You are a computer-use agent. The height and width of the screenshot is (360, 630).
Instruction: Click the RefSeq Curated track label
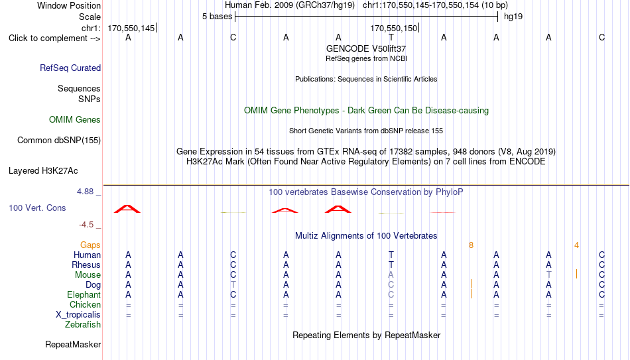point(70,68)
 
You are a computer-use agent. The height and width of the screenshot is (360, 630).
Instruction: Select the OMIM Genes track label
point(75,120)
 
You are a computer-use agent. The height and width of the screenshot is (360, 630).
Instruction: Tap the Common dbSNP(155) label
point(59,141)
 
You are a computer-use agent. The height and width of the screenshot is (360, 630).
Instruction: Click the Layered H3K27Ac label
point(43,171)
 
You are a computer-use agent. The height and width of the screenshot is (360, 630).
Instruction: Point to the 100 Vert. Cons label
point(37,208)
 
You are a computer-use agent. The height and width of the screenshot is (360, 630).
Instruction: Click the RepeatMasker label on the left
point(73,344)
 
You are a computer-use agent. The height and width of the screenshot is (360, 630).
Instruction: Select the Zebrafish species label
point(83,325)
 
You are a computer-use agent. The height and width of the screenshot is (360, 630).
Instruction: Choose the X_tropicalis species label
point(78,315)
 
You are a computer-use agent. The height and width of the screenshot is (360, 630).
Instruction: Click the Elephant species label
point(84,295)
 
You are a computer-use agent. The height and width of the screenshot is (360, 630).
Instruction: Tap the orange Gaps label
point(90,245)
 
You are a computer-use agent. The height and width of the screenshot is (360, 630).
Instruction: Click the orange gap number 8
point(471,245)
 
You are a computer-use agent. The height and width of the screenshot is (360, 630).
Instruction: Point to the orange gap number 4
point(576,245)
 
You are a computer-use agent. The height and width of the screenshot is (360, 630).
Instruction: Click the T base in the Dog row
point(233,285)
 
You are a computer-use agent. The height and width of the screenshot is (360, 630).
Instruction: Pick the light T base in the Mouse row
point(549,275)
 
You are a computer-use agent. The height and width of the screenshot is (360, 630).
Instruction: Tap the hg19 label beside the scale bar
point(513,17)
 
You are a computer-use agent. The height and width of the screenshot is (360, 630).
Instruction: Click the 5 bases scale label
point(217,17)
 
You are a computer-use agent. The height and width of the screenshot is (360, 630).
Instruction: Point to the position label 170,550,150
point(394,28)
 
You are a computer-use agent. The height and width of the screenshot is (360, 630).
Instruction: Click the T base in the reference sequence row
point(391,37)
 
